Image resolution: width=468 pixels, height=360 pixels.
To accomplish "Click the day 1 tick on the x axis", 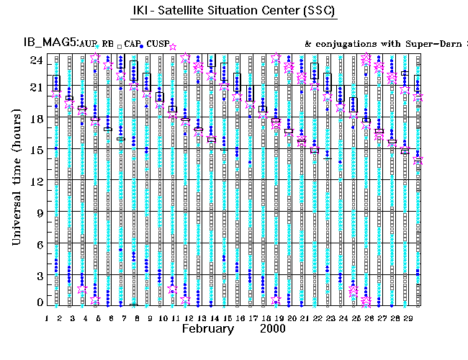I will (47, 317).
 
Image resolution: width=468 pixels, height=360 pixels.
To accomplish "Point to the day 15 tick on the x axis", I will (226, 317).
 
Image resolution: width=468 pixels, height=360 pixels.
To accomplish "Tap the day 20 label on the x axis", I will (290, 317).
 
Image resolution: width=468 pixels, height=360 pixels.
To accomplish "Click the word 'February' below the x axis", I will (208, 329).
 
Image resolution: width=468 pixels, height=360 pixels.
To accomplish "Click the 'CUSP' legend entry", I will (157, 45).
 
